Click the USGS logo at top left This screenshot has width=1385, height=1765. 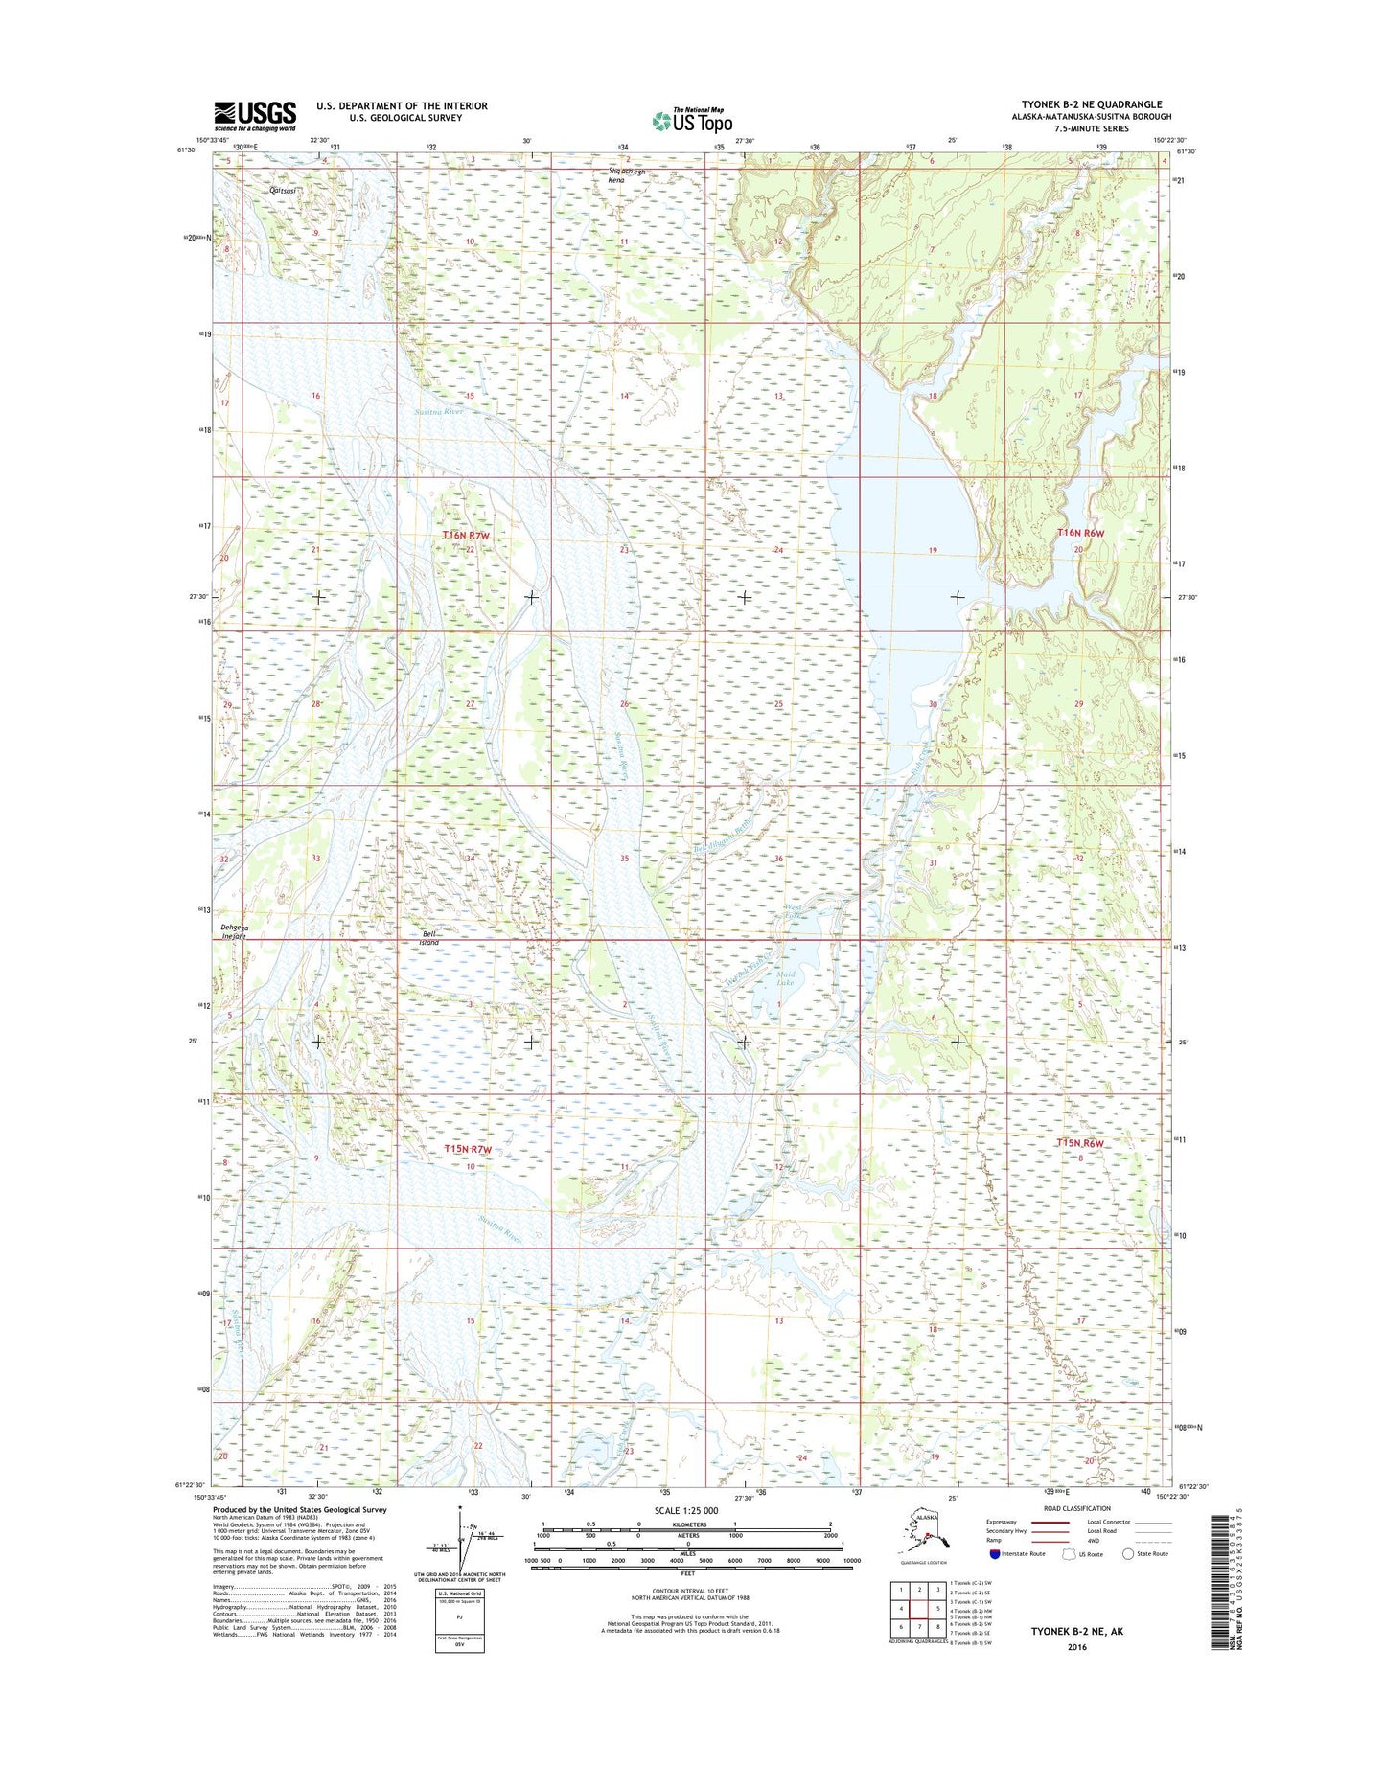[x=254, y=116]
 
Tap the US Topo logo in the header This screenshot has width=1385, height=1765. [x=692, y=120]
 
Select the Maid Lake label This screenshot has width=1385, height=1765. [x=785, y=977]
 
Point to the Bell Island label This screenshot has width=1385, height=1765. [x=429, y=937]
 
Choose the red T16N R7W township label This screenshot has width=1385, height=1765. [x=467, y=535]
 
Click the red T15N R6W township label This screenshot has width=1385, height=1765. [x=1080, y=1143]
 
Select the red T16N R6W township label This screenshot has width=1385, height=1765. [x=1080, y=532]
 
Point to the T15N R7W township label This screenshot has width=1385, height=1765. [x=468, y=1148]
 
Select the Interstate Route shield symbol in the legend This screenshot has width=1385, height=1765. [x=994, y=1553]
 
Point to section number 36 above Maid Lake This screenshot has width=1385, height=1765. [x=778, y=859]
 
